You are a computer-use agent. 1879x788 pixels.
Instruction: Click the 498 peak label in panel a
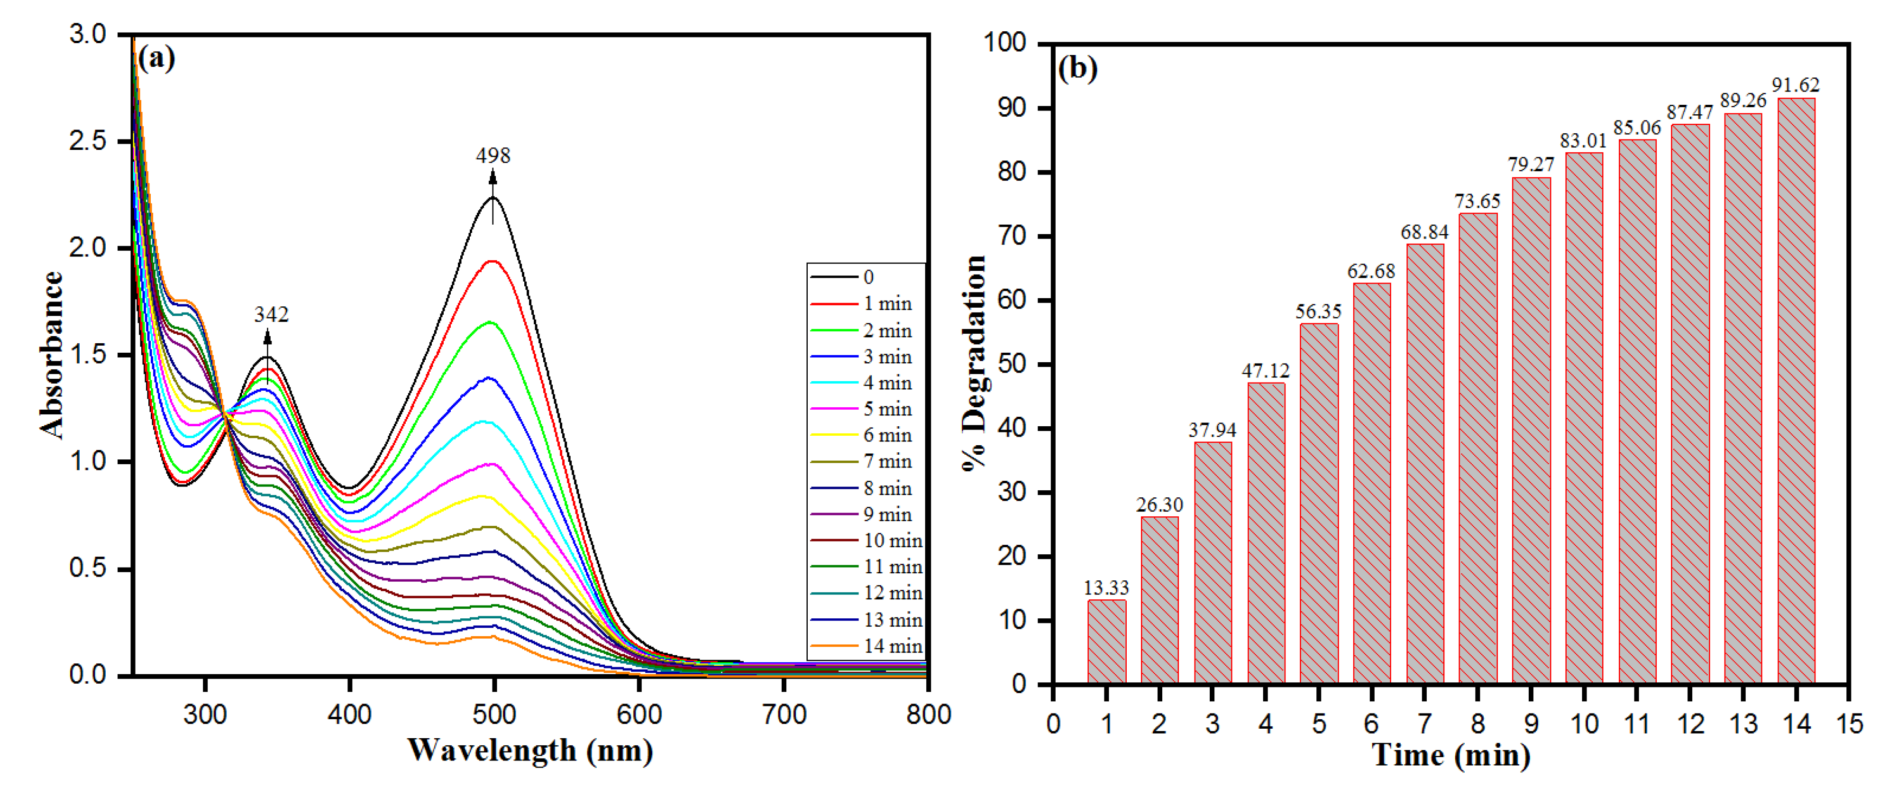click(493, 156)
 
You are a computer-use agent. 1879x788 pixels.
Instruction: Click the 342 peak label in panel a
click(271, 314)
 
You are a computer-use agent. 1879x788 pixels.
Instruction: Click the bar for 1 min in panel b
click(1106, 642)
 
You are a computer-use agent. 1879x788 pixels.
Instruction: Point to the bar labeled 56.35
click(1319, 504)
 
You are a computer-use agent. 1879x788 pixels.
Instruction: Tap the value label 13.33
click(1106, 587)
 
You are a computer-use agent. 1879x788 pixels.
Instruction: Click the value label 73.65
click(1477, 202)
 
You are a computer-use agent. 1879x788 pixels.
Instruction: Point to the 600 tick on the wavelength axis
click(639, 715)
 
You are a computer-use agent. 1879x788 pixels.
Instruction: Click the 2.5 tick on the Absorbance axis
click(88, 141)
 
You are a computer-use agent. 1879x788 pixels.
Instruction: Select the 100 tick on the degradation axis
click(1004, 42)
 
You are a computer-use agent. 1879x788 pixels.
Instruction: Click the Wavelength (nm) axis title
click(529, 750)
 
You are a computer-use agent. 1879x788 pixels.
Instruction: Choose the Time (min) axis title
click(1451, 755)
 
